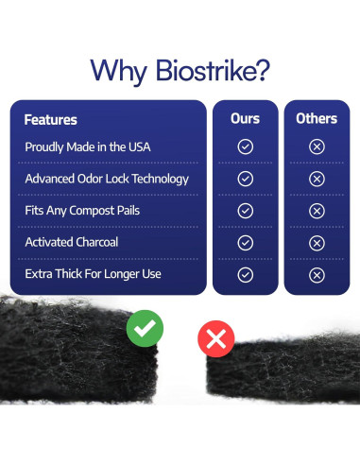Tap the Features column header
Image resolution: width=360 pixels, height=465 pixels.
coord(50,120)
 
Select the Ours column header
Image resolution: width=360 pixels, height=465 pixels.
coord(245,118)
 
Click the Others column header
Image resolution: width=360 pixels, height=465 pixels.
coord(317,118)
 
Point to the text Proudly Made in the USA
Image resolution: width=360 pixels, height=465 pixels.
coord(88,147)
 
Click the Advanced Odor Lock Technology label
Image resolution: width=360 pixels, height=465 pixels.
coord(107,179)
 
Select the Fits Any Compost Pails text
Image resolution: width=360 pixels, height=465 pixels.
coord(82,210)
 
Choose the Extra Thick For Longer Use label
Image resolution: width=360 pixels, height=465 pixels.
coord(93,274)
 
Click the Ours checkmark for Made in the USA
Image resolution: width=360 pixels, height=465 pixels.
coord(245,147)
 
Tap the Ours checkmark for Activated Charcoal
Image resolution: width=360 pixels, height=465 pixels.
coord(245,243)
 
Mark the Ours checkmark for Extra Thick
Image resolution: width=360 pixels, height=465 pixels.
coord(245,275)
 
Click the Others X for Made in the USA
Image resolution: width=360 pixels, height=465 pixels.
coord(317,147)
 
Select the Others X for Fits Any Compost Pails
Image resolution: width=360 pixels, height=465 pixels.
coord(317,211)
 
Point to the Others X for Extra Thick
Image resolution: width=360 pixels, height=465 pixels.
coord(317,275)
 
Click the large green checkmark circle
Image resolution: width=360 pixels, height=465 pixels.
coord(145,329)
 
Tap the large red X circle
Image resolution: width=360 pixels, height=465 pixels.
coord(215,338)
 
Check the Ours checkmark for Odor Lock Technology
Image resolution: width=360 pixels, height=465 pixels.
coord(245,179)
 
